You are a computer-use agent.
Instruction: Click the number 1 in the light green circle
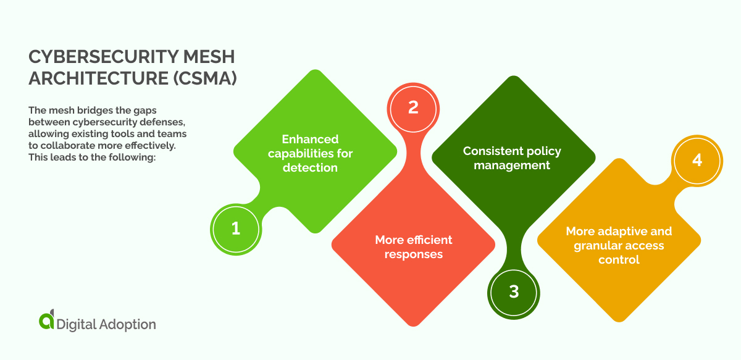click(235, 228)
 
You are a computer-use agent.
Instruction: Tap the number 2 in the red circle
click(413, 107)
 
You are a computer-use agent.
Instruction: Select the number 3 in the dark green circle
click(514, 291)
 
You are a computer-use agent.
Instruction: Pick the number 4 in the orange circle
click(697, 160)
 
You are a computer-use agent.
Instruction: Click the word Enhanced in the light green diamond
click(310, 139)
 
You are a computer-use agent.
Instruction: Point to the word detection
click(310, 167)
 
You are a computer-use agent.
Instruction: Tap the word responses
click(413, 254)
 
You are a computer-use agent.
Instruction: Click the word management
click(512, 165)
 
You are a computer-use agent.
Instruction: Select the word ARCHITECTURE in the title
click(91, 80)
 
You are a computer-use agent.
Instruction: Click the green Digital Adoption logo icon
click(46, 321)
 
